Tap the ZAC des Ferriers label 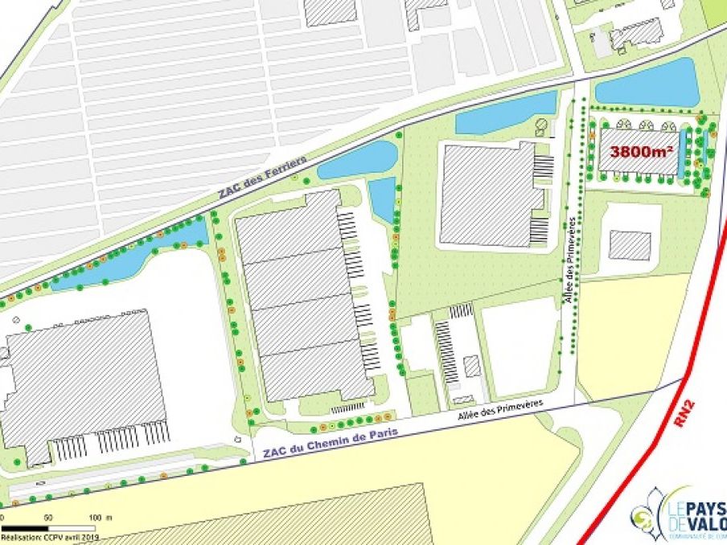tap(261, 178)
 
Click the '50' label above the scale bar tap(47, 516)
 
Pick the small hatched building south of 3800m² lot tap(629, 245)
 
